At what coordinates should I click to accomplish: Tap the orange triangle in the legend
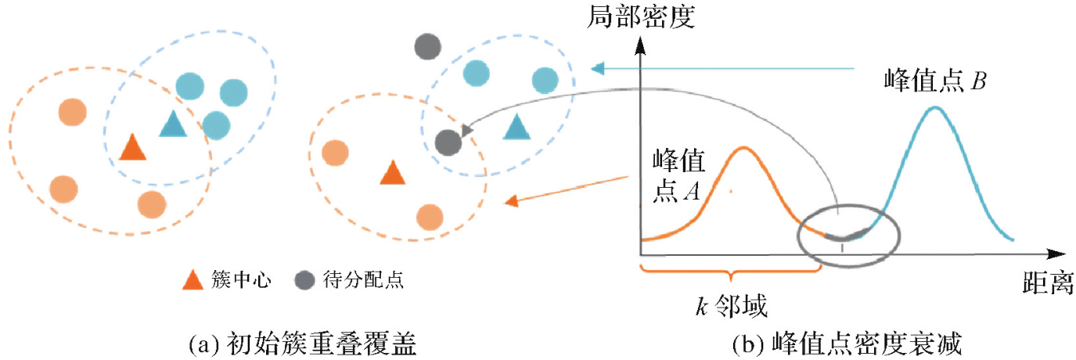[x=193, y=279]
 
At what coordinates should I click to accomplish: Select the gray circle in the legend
[x=305, y=279]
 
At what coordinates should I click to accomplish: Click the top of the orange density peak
[x=741, y=148]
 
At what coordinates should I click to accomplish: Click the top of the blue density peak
[x=934, y=107]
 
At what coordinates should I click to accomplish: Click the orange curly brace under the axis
[x=729, y=274]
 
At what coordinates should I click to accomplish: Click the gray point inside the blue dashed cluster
[x=447, y=142]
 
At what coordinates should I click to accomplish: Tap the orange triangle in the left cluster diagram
[x=132, y=146]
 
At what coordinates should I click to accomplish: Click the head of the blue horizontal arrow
[x=598, y=69]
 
